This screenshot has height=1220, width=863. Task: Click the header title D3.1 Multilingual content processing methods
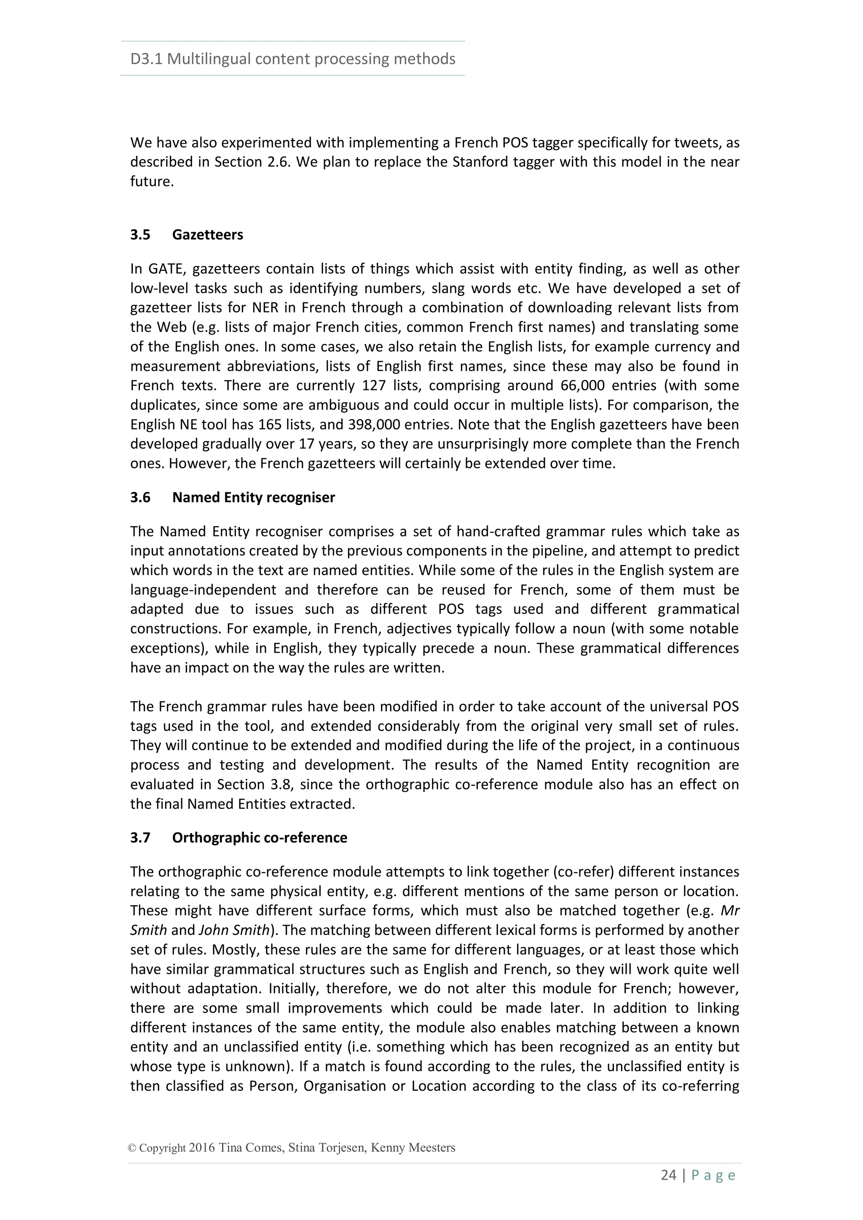pyautogui.click(x=293, y=59)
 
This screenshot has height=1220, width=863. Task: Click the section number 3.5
pyautogui.click(x=140, y=235)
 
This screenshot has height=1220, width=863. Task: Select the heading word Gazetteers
pyautogui.click(x=207, y=235)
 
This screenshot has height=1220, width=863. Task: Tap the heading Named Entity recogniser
pyautogui.click(x=254, y=498)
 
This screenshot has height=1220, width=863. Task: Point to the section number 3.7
pyautogui.click(x=140, y=837)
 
